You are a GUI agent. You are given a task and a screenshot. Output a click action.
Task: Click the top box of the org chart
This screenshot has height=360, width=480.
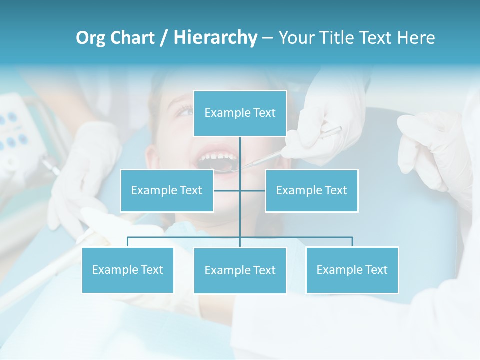pos(240,113)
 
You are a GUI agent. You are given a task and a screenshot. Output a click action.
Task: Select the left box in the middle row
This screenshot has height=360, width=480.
pos(167,190)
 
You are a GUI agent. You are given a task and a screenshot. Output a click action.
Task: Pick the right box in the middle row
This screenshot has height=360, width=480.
pos(311,190)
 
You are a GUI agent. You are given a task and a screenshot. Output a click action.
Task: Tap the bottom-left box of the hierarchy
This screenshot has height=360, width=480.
pos(127,270)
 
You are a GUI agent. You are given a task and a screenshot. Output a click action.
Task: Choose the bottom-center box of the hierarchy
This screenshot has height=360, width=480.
pos(240,270)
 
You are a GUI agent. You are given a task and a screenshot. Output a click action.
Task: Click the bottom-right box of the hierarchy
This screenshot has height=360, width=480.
pos(352,270)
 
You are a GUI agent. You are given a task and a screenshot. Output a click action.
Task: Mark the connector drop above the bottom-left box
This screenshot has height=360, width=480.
pos(127,242)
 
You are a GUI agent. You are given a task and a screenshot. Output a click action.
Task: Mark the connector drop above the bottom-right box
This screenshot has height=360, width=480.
pos(352,242)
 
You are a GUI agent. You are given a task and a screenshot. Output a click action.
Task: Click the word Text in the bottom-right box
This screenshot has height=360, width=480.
pos(376,270)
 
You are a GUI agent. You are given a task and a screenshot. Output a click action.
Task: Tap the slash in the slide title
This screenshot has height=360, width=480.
pos(164,38)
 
